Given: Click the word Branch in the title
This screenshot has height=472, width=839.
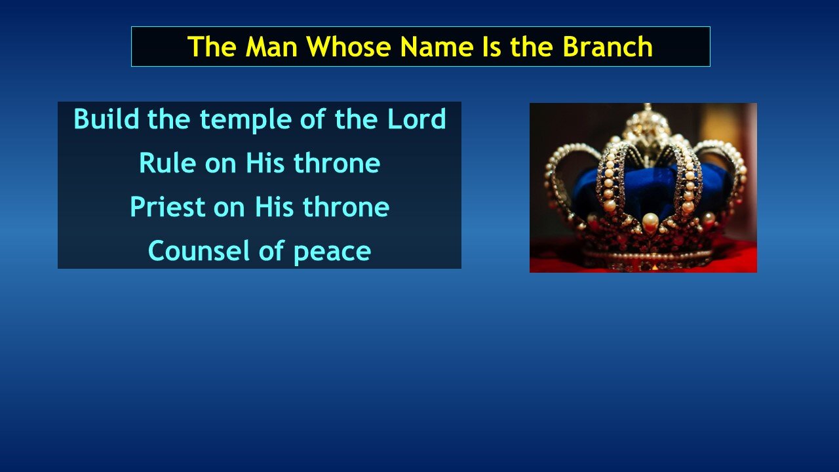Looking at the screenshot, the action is (x=608, y=47).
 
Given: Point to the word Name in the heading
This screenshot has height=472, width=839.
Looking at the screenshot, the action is (x=436, y=47).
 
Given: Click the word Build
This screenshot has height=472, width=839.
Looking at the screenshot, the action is (x=106, y=119).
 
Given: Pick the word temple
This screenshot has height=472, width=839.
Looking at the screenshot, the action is (x=246, y=121).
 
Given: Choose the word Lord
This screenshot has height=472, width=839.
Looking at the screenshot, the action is (x=416, y=119).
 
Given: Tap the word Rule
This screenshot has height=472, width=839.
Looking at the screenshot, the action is (x=167, y=163).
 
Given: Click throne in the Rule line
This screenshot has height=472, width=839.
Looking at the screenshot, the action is (x=337, y=163).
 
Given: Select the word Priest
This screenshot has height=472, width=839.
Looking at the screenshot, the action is (x=167, y=206).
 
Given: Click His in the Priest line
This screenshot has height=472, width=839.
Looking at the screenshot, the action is (x=274, y=206).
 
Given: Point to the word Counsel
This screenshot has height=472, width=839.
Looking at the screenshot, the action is (x=199, y=250).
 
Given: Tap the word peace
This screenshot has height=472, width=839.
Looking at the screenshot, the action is (x=332, y=253).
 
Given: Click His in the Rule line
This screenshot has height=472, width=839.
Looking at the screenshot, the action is (x=265, y=163).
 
